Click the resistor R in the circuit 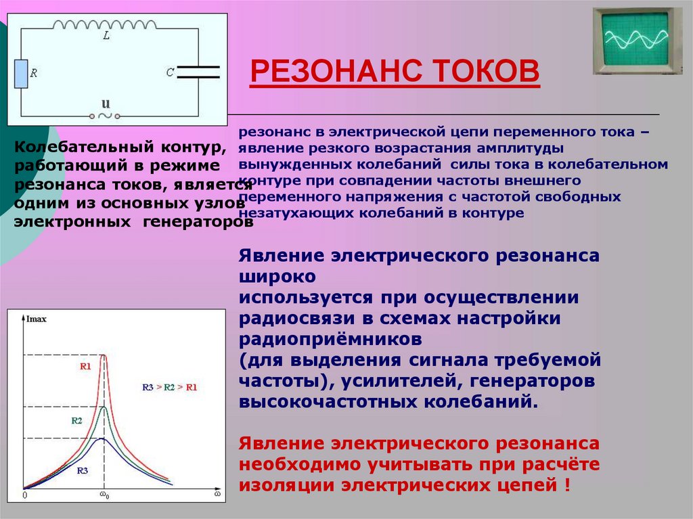click(21, 74)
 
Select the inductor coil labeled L click(105, 24)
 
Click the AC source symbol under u click(106, 116)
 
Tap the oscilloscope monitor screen click(635, 39)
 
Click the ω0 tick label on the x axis click(104, 496)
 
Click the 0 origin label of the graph click(24, 496)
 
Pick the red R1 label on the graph click(85, 366)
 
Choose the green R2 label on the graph click(76, 420)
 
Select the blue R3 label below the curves click(83, 470)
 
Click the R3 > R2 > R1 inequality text click(169, 387)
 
